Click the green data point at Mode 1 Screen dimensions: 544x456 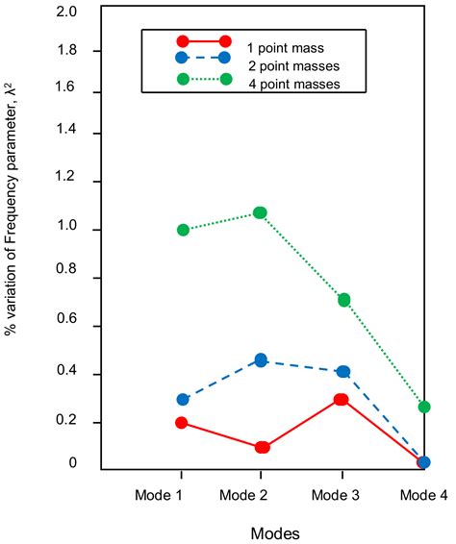pos(183,231)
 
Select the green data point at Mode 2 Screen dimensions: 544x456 pos(260,212)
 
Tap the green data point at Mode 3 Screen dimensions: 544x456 pos(343,300)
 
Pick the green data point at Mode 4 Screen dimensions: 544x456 pos(424,408)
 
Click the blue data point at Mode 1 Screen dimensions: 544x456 pos(183,399)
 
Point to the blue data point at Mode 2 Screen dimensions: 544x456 pos(260,360)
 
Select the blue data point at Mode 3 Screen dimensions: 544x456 pos(343,371)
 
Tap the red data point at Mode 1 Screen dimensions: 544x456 pos(183,423)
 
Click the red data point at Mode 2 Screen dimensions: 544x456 pos(262,447)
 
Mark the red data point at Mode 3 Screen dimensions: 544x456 pos(341,399)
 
